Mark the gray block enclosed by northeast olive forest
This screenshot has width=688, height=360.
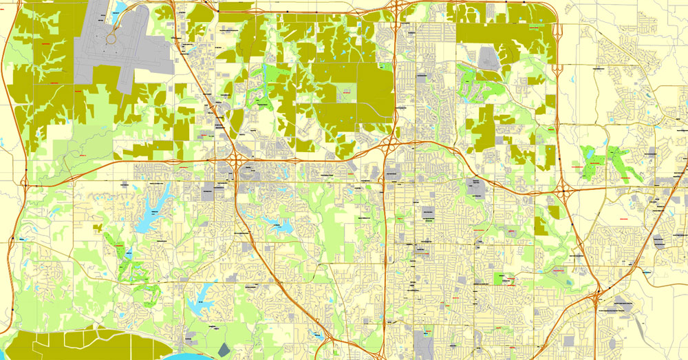488,59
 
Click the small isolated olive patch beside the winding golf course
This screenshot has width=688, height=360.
99,226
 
